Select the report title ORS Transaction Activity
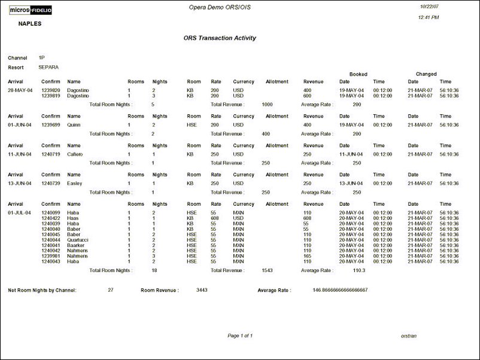pyautogui.click(x=220, y=38)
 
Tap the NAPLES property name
pyautogui.click(x=30, y=24)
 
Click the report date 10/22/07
pyautogui.click(x=429, y=6)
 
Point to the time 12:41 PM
pyautogui.click(x=429, y=18)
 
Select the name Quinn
pyautogui.click(x=74, y=125)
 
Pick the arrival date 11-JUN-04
pyautogui.click(x=19, y=154)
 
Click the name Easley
pyautogui.click(x=75, y=184)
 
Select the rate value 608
pyautogui.click(x=215, y=218)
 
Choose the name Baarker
pyautogui.click(x=77, y=245)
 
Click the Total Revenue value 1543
pyautogui.click(x=268, y=270)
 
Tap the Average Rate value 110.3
pyautogui.click(x=359, y=270)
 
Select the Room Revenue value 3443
pyautogui.click(x=202, y=290)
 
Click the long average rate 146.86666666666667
pyautogui.click(x=340, y=290)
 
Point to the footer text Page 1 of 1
pyautogui.click(x=240, y=335)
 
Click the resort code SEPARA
pyautogui.click(x=48, y=68)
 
